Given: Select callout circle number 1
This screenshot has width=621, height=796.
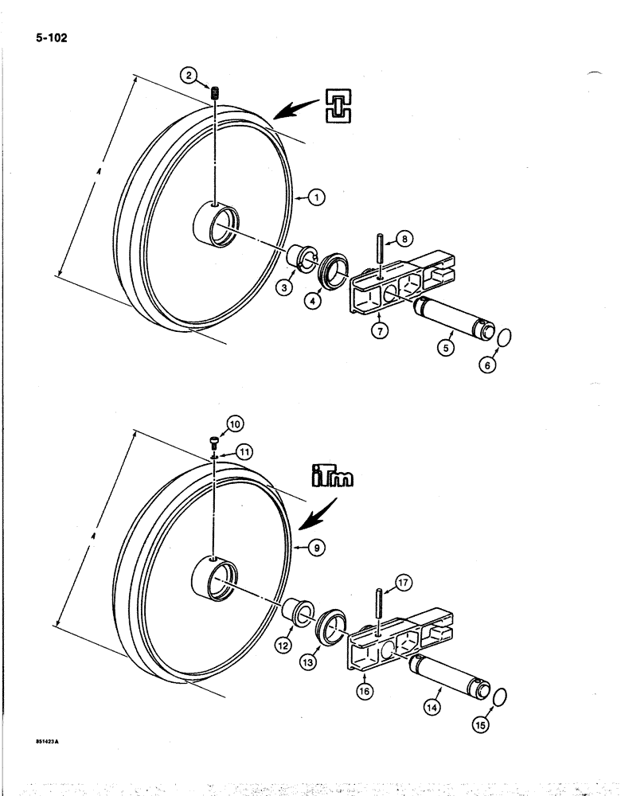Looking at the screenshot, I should (316, 197).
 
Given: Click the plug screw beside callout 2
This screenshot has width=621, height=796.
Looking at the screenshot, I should (214, 94).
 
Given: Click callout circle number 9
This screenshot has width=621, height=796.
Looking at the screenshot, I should (317, 548).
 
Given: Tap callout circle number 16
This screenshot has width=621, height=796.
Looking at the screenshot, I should (365, 691).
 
